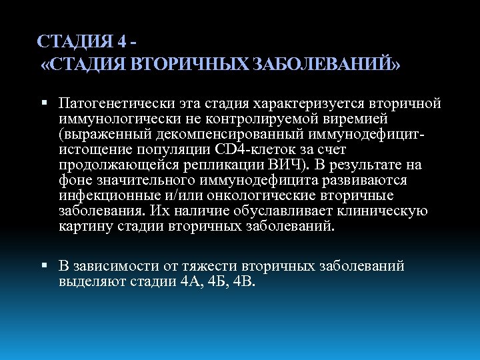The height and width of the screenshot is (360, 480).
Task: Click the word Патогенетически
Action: pyautogui.click(x=117, y=104)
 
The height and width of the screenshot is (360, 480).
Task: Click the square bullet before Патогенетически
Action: pyautogui.click(x=43, y=105)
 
